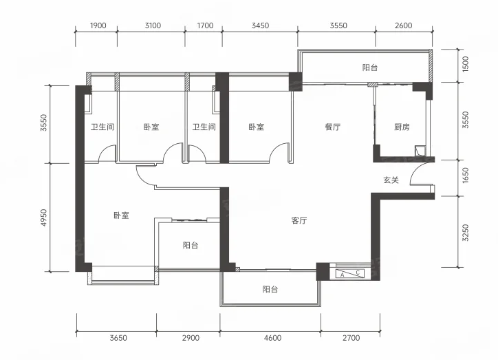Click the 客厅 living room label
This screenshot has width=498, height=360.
point(299,220)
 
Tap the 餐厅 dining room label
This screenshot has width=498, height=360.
point(332,127)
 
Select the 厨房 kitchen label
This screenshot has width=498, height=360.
point(402,127)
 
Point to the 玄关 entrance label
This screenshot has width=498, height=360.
point(391,180)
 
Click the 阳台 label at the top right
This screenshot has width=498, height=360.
point(369,67)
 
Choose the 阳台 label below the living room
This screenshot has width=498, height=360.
point(270,289)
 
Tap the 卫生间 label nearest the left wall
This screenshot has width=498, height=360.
point(102,127)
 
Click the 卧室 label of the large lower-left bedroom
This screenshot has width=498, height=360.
point(121,215)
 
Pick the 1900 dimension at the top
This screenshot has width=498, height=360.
point(98,25)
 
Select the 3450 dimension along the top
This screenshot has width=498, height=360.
point(260,25)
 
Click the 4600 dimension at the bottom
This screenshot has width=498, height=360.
point(272,338)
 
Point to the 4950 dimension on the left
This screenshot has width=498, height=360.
point(44,218)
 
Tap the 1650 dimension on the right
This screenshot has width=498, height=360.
point(465,175)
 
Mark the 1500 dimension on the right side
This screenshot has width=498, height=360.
point(465,64)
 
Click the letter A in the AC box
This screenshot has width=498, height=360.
point(342,275)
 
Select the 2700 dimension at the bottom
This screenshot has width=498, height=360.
point(351,338)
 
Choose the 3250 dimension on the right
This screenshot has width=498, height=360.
point(465,233)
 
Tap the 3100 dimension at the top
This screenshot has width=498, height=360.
point(153,25)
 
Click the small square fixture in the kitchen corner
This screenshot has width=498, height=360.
point(420,150)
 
